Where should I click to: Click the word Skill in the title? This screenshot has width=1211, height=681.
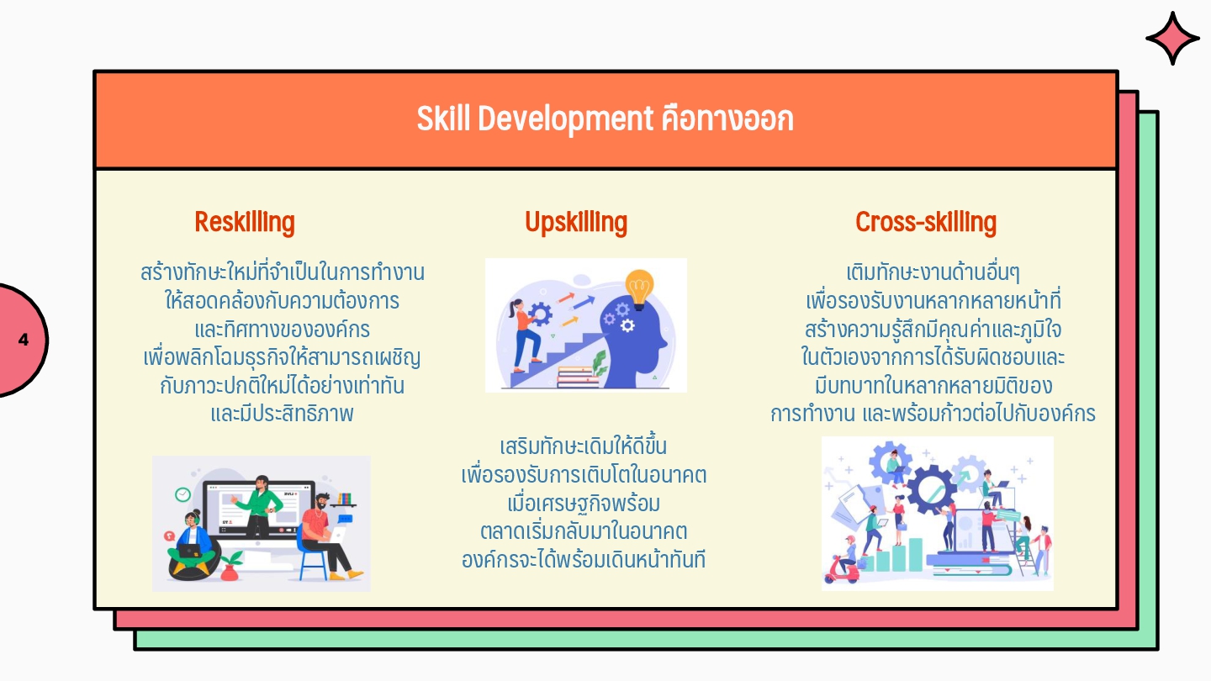click(x=443, y=119)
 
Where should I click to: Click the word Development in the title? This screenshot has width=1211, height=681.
click(x=565, y=119)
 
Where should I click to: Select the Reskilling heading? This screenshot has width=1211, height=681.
click(x=245, y=222)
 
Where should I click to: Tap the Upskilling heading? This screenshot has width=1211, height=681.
click(x=576, y=222)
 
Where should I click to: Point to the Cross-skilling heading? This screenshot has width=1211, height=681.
click(x=926, y=222)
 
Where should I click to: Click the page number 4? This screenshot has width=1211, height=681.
click(x=24, y=340)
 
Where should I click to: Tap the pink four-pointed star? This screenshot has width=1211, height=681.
click(x=1172, y=39)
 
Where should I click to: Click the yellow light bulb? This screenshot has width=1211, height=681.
click(x=639, y=289)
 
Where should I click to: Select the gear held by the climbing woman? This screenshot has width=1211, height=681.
click(x=540, y=314)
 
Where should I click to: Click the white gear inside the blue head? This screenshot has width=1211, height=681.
click(x=627, y=325)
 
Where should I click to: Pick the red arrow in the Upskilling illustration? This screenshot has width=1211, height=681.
click(x=565, y=298)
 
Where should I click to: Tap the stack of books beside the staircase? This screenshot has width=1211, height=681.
click(x=578, y=377)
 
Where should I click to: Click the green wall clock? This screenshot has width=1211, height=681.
click(x=182, y=494)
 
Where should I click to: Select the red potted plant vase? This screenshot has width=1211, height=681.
click(x=230, y=573)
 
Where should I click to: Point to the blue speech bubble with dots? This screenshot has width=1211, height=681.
click(x=345, y=519)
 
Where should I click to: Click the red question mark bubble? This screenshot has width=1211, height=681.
click(x=170, y=536)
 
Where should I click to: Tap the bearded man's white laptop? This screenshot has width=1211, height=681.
click(x=336, y=535)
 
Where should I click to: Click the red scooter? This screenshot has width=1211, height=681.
click(x=843, y=568)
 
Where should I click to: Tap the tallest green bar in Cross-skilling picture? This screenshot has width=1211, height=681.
click(x=915, y=554)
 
